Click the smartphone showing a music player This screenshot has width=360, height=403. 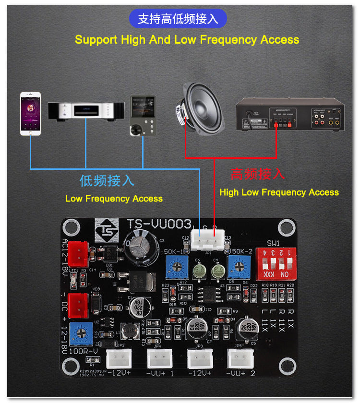tap(30, 114)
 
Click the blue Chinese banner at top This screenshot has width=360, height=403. tap(178, 19)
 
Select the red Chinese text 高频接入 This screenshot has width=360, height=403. tap(258, 174)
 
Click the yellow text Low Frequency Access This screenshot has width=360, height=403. tap(114, 199)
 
